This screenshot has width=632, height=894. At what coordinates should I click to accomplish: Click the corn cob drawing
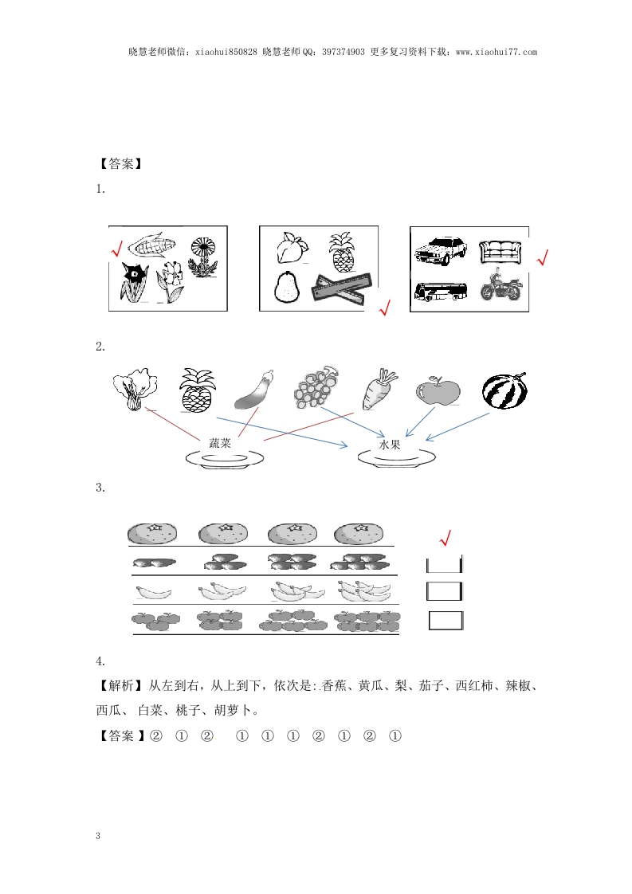coord(152,245)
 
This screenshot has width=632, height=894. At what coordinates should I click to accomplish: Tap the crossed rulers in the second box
coord(342,287)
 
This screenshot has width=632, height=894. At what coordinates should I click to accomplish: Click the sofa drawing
coord(500,252)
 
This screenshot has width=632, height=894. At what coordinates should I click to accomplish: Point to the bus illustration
coord(441,291)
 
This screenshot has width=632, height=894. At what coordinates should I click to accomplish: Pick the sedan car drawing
coord(441,250)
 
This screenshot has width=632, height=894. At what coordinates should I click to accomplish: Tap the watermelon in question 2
coord(504,390)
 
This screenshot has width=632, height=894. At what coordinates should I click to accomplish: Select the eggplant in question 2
coord(253,390)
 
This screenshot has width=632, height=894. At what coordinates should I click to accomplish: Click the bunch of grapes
coord(316,387)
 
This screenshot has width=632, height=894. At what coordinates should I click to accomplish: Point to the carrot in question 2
coord(379,389)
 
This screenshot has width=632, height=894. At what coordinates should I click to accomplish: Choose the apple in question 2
coord(438,391)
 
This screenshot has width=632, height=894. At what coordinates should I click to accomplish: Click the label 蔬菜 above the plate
coord(220,443)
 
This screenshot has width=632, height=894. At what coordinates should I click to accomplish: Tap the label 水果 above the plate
coord(390,445)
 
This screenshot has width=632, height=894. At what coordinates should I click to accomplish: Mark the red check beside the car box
coord(543,257)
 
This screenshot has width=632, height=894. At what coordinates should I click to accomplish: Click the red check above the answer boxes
coord(445,538)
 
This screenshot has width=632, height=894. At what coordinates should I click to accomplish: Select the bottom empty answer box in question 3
coord(446,621)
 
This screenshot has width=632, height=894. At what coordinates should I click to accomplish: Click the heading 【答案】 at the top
coord(120,163)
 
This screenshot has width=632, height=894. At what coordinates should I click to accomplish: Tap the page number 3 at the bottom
coord(98,836)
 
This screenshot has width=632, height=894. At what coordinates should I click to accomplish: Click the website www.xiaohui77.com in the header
coord(497,52)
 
